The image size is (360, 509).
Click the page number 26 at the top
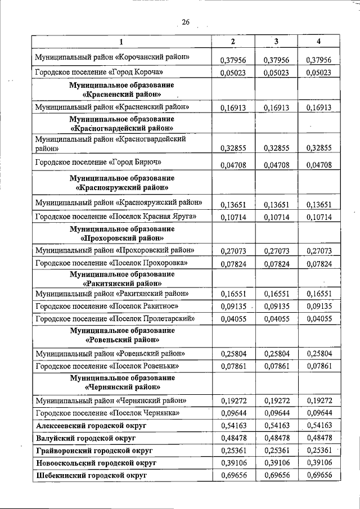186,22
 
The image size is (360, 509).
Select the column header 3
276,42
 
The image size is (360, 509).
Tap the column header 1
121,42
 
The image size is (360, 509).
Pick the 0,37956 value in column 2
233,60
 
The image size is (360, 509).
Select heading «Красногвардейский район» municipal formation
121,124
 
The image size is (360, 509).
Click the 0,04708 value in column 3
276,165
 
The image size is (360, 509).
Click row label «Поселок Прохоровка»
111,263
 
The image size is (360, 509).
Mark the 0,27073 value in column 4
318,251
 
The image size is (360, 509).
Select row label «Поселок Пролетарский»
115,318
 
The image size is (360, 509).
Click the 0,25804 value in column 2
233,354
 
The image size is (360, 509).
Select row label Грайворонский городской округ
94,451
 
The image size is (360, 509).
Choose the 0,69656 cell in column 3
276,475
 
